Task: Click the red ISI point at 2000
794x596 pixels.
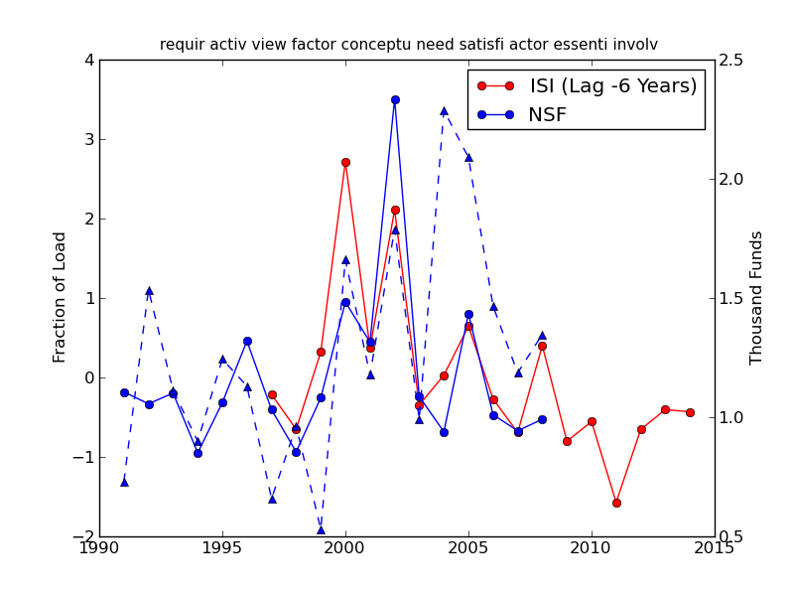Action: point(345,162)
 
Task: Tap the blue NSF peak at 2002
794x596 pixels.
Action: point(395,99)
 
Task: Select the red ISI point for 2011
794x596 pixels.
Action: point(616,503)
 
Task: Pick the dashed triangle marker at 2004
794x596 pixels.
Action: point(444,111)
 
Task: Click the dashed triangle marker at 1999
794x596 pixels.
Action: point(321,530)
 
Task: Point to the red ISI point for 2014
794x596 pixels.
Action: point(690,412)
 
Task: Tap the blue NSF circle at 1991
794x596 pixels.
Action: point(124,392)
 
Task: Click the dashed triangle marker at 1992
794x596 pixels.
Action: point(149,291)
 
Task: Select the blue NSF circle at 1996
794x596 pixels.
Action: point(247,341)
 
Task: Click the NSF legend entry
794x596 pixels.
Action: point(547,115)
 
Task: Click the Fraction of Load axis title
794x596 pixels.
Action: point(61,297)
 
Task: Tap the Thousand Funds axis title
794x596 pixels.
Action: point(757,297)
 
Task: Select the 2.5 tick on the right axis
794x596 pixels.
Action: point(731,60)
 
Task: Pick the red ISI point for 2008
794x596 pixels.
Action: point(542,346)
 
